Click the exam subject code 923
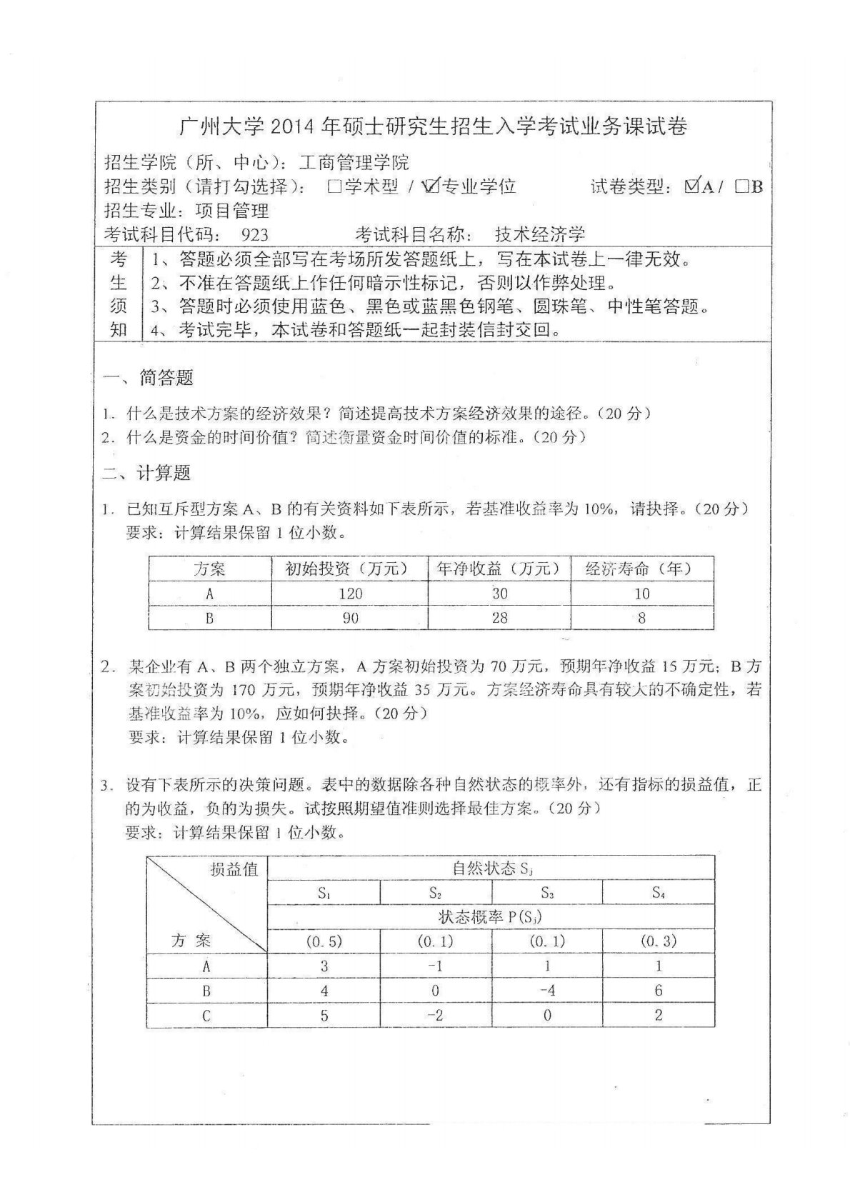[x=254, y=234]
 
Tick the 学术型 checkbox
[x=334, y=187]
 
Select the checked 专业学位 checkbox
[x=431, y=186]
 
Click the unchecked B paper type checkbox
[x=741, y=187]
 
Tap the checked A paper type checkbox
[x=691, y=186]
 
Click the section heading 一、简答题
[x=149, y=377]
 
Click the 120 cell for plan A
[x=350, y=594]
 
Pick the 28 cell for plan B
[x=499, y=617]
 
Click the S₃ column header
[x=547, y=893]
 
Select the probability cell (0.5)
[x=324, y=941]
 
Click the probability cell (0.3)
[x=658, y=941]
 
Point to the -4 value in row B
[x=547, y=991]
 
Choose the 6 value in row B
[x=658, y=991]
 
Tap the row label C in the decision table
[x=206, y=1015]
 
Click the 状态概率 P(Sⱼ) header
[x=490, y=917]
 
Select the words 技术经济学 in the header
[x=539, y=234]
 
